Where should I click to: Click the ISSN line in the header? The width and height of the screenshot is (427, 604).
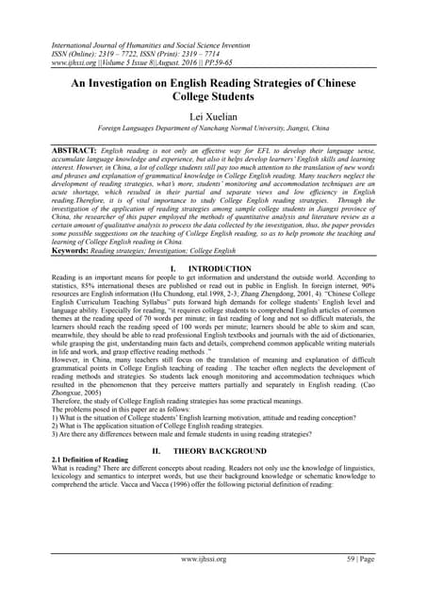click(141, 52)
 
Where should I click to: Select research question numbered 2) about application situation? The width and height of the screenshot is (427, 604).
click(156, 427)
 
